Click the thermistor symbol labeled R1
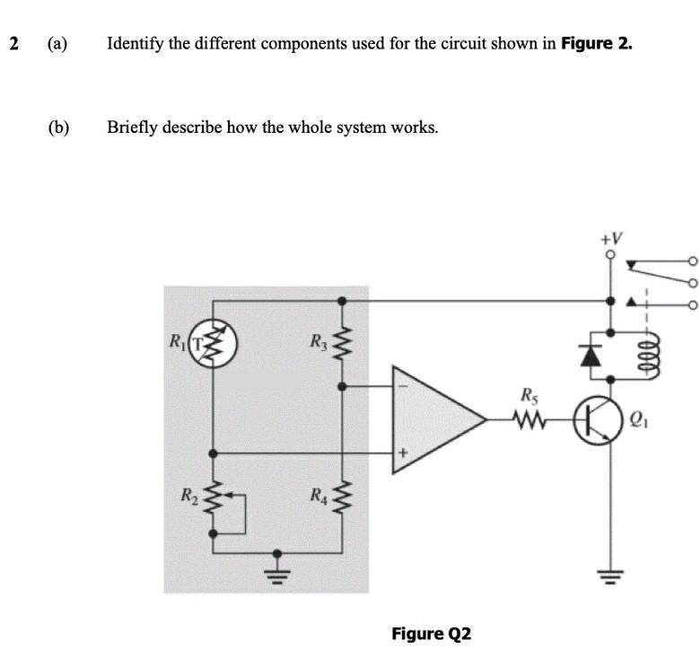click(213, 343)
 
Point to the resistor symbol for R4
click(340, 496)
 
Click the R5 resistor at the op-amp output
click(530, 417)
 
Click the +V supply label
click(611, 238)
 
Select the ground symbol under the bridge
click(277, 568)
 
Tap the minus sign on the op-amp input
click(402, 389)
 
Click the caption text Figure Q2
click(431, 634)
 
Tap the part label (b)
click(59, 127)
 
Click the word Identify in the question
click(135, 43)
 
